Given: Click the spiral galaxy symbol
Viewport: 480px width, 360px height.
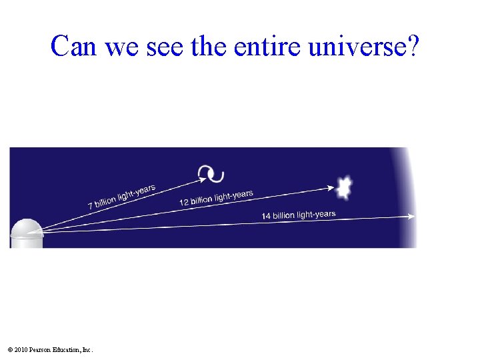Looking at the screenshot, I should (x=211, y=174).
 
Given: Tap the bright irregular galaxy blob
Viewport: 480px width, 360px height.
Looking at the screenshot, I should (x=344, y=188).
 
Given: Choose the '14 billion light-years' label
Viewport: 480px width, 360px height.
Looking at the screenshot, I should (x=299, y=215).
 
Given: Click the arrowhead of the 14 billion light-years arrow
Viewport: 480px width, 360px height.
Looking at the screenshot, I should (x=411, y=217).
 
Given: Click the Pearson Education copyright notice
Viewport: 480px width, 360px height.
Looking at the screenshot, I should (x=51, y=349).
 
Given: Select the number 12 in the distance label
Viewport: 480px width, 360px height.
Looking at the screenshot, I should (x=184, y=202).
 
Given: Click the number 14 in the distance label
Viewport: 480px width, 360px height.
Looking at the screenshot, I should (x=266, y=216).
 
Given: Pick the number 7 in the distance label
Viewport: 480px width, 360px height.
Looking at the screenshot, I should (x=91, y=206).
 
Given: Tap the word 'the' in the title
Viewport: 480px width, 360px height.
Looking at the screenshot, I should (x=204, y=46).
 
